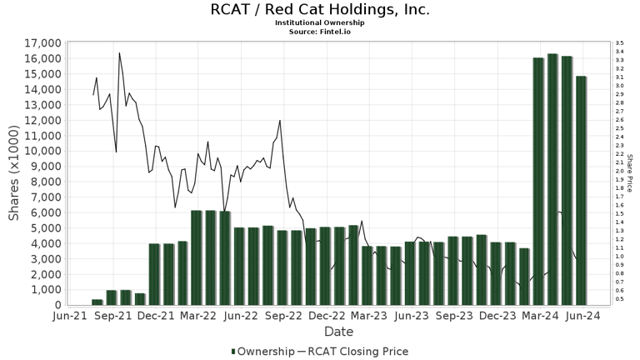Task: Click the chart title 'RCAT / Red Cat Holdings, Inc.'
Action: pos(320,10)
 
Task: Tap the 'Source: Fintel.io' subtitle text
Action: pos(320,31)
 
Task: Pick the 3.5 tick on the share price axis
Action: pos(619,43)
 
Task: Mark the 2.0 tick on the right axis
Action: pos(619,171)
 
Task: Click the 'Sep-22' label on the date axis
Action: pos(285,317)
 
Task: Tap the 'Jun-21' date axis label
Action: pos(71,317)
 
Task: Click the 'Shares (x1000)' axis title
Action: pos(14,173)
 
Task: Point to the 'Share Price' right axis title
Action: pos(630,173)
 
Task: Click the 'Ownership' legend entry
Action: pos(262,352)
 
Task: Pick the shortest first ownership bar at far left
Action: pos(97,302)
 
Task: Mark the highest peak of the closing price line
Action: pos(119,54)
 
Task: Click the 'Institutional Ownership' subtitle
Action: pos(320,22)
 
